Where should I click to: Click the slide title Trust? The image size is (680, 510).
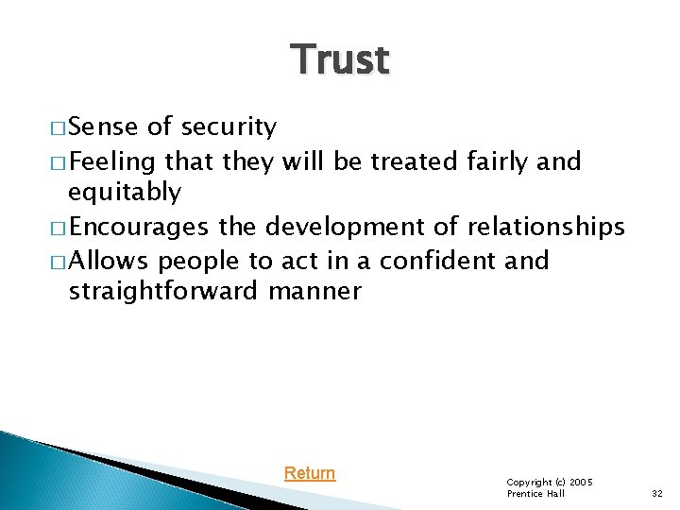(340, 60)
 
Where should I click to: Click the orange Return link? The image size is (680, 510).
(310, 473)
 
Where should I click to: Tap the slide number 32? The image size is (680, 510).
(658, 493)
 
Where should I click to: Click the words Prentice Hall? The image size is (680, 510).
(535, 494)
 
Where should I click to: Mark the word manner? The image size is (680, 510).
(314, 292)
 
